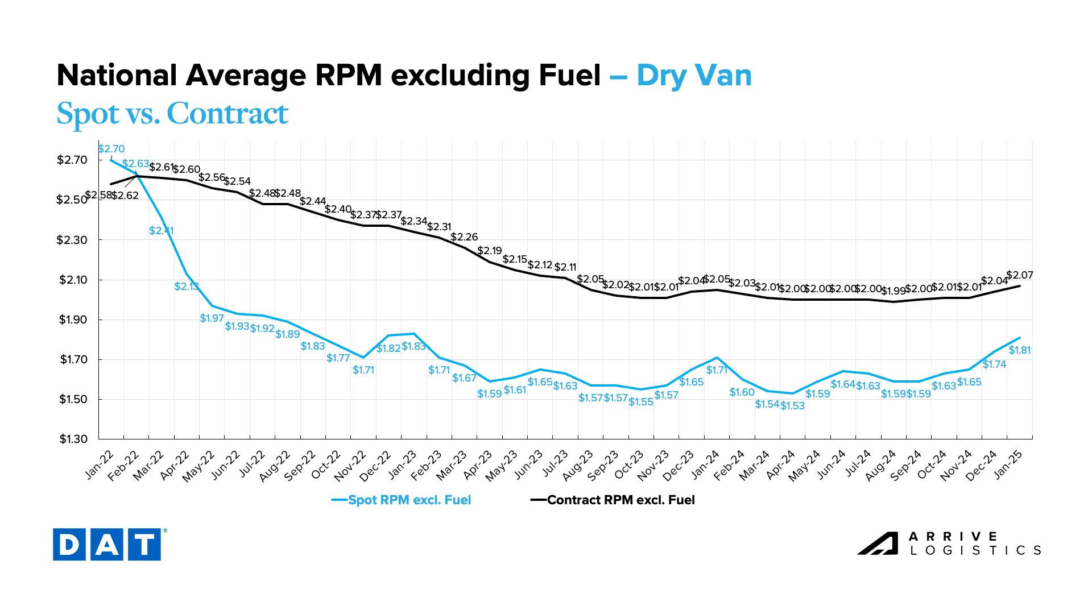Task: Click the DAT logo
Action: [x=107, y=545]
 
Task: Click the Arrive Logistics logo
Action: [x=949, y=544]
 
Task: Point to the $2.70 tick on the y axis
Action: [x=72, y=160]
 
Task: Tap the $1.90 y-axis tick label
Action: [x=72, y=320]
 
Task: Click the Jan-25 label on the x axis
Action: [x=1009, y=464]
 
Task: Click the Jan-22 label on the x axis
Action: [x=100, y=464]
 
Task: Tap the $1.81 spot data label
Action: [x=1020, y=350]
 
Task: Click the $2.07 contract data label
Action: [x=1020, y=275]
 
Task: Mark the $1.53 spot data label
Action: [x=792, y=406]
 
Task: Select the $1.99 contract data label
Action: [x=893, y=291]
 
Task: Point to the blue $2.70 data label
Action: [x=111, y=149]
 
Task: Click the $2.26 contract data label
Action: [x=464, y=237]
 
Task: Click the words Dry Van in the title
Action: [x=694, y=76]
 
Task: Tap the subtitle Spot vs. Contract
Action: [x=172, y=114]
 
